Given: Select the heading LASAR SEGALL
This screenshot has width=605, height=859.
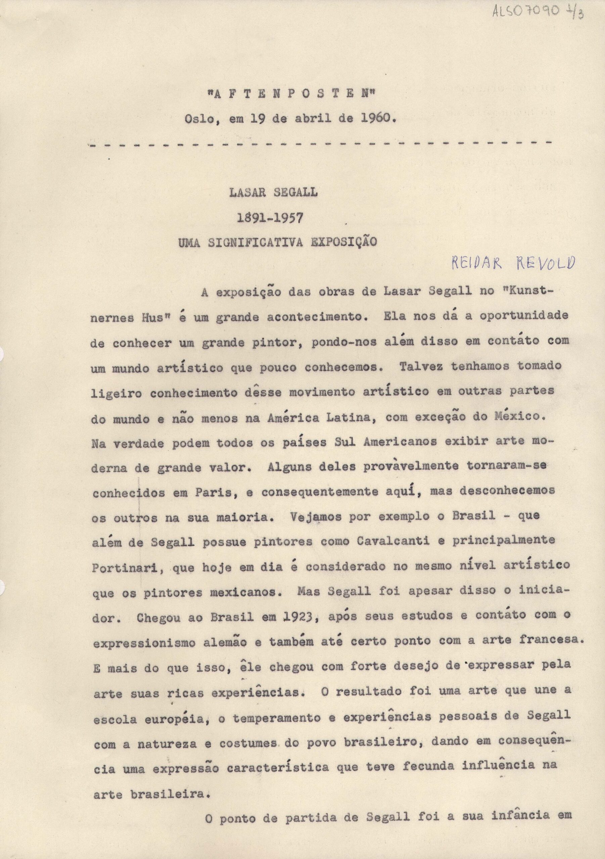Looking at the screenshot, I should [x=274, y=192].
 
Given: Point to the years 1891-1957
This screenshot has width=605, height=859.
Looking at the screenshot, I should [x=270, y=218].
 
